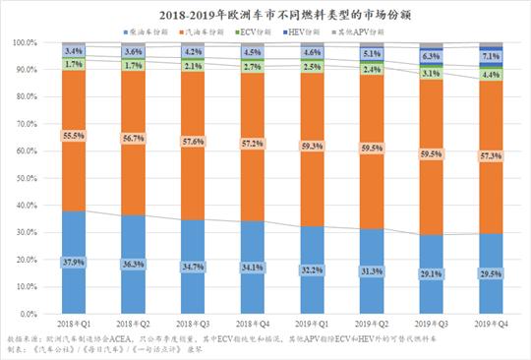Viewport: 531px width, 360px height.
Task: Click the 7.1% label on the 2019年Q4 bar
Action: click(x=491, y=56)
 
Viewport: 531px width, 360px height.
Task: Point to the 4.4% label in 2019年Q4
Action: click(x=491, y=75)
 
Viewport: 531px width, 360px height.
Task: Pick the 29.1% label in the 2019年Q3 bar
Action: click(x=431, y=274)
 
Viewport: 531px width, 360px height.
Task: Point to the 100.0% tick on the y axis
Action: click(x=24, y=43)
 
